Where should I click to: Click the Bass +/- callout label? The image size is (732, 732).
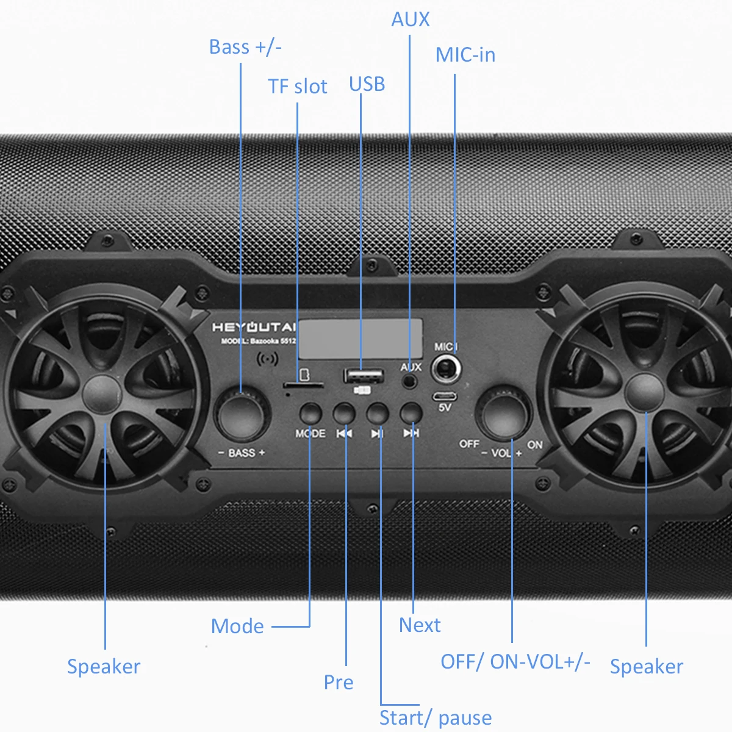[245, 47]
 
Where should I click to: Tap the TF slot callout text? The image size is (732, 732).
[298, 87]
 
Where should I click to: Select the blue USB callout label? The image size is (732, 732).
[367, 84]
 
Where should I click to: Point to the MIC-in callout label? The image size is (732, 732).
[465, 55]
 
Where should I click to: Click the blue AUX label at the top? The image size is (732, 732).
[410, 20]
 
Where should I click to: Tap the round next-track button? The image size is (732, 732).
[411, 414]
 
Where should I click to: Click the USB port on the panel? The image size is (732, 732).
[364, 375]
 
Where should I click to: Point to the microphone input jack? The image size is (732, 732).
[446, 369]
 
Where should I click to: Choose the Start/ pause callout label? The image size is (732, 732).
[435, 717]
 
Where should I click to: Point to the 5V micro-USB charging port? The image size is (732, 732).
[444, 395]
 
